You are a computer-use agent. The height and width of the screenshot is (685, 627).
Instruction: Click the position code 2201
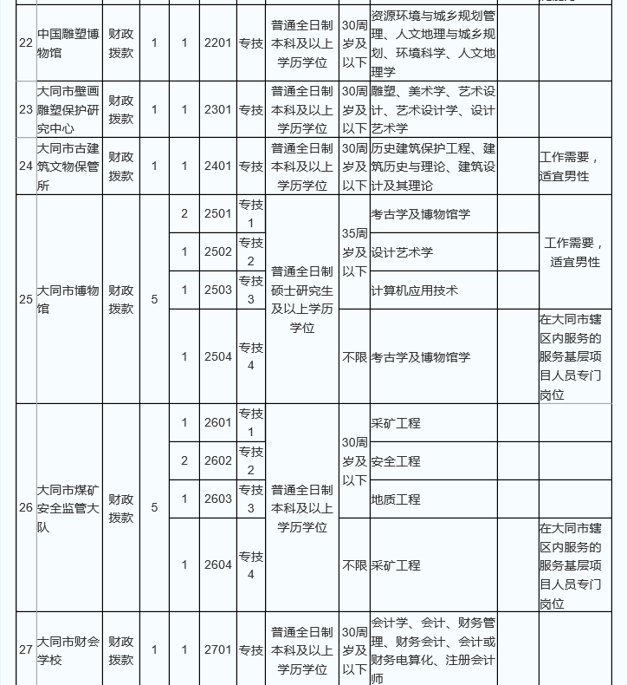(x=218, y=42)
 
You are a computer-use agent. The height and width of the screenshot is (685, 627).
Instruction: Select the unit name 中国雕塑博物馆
(x=68, y=42)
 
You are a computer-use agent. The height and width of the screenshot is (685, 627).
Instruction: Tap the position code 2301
(x=218, y=110)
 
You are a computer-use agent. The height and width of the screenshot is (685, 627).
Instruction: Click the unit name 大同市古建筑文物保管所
(x=68, y=166)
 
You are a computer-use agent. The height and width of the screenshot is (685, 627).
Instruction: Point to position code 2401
(x=218, y=166)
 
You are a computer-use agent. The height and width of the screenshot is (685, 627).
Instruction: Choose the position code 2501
(x=218, y=214)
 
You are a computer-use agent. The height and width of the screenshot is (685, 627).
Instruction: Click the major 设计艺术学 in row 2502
(x=403, y=252)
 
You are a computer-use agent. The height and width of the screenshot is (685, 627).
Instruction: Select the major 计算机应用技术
(x=415, y=290)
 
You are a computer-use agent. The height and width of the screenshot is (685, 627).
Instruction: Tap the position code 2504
(x=218, y=356)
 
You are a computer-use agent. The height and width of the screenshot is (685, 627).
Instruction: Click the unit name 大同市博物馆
(x=68, y=299)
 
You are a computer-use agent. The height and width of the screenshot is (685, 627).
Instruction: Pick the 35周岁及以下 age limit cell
(x=354, y=252)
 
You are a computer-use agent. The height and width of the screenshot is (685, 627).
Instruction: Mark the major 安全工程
(x=396, y=461)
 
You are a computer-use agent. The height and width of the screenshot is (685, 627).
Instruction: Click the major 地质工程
(x=396, y=499)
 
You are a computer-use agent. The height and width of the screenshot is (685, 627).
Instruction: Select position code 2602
(x=218, y=461)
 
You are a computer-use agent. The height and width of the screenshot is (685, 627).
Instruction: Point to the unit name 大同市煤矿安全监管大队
(x=68, y=507)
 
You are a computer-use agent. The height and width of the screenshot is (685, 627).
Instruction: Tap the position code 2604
(x=218, y=564)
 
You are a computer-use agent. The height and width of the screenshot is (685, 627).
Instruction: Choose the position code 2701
(x=218, y=650)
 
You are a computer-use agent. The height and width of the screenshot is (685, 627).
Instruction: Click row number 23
(x=25, y=110)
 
